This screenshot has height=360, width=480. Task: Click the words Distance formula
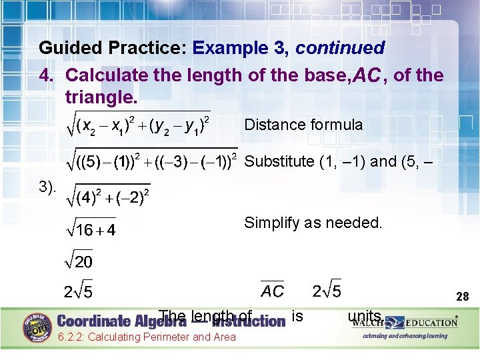tap(303, 125)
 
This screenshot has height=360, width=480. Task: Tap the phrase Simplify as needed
tap(313, 223)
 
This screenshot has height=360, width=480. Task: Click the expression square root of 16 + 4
tap(90, 229)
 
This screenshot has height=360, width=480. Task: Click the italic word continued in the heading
tap(340, 48)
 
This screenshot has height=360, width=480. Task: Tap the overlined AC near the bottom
tap(272, 291)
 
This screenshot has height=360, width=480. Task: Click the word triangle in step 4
tap(101, 97)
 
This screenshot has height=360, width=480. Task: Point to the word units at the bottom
tap(365, 316)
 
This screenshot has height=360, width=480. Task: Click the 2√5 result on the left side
tap(78, 292)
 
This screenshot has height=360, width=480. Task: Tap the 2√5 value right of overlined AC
tap(327, 291)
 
